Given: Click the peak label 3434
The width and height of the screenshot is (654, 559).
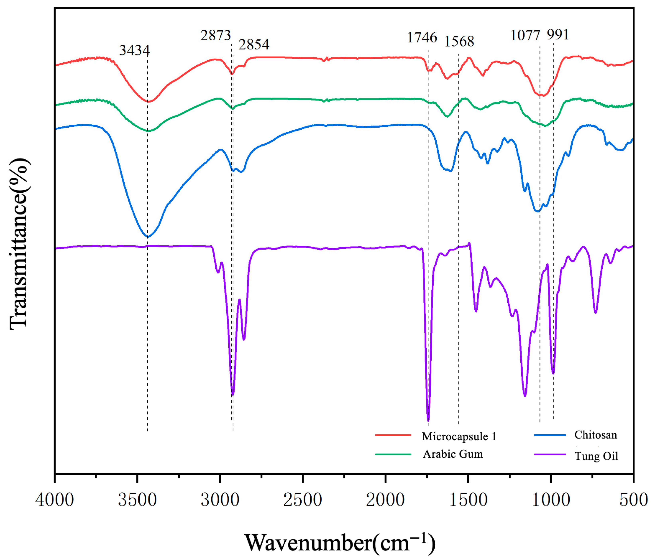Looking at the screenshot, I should point(134,50).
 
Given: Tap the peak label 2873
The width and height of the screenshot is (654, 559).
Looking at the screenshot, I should point(216,35).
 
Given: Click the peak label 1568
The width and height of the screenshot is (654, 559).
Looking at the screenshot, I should point(459,41).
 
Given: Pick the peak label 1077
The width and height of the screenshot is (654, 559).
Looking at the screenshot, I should point(525,35).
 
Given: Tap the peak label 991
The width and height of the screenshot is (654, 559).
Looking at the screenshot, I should point(558,35).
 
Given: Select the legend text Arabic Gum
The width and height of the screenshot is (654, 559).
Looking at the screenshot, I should point(453,454).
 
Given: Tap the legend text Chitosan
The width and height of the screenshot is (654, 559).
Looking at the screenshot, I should point(596,435).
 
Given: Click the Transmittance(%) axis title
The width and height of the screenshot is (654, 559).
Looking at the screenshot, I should point(19,244).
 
